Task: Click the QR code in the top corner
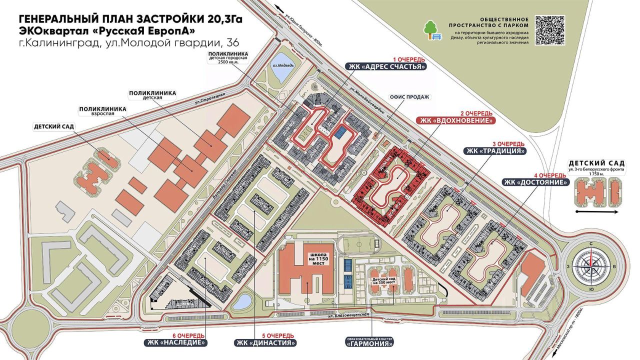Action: pyautogui.click(x=550, y=30)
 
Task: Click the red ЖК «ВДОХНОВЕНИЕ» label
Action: pyautogui.click(x=455, y=120)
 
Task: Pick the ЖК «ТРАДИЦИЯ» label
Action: pyautogui.click(x=495, y=150)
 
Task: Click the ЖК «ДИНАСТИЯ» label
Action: pyautogui.click(x=265, y=342)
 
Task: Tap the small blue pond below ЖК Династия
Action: pyautogui.click(x=243, y=301)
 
